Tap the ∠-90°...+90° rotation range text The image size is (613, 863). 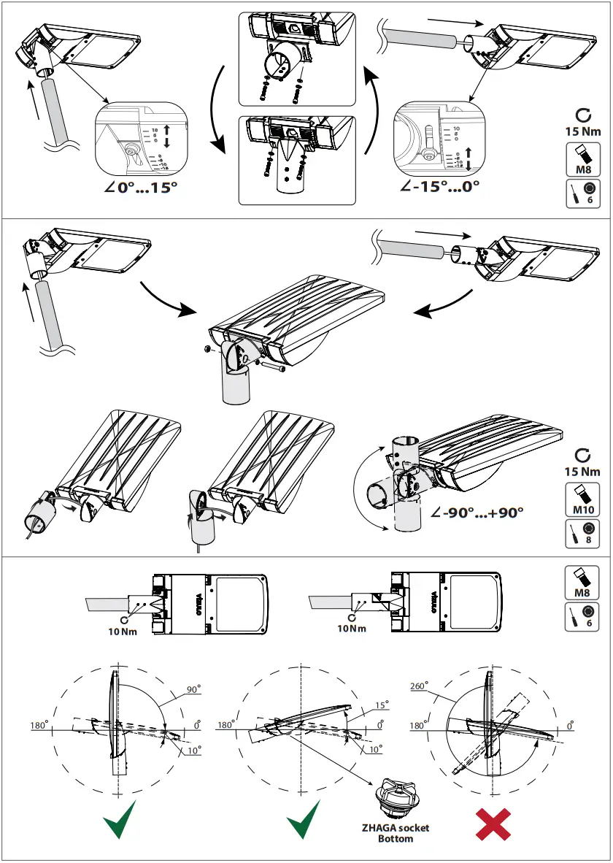[477, 513]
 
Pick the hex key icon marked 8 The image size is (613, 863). [582, 534]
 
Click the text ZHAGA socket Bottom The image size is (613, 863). [395, 833]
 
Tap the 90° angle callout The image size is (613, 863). [193, 689]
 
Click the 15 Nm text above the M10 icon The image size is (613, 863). [582, 472]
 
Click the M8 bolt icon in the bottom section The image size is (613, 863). [582, 583]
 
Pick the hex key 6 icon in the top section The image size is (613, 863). [582, 193]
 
